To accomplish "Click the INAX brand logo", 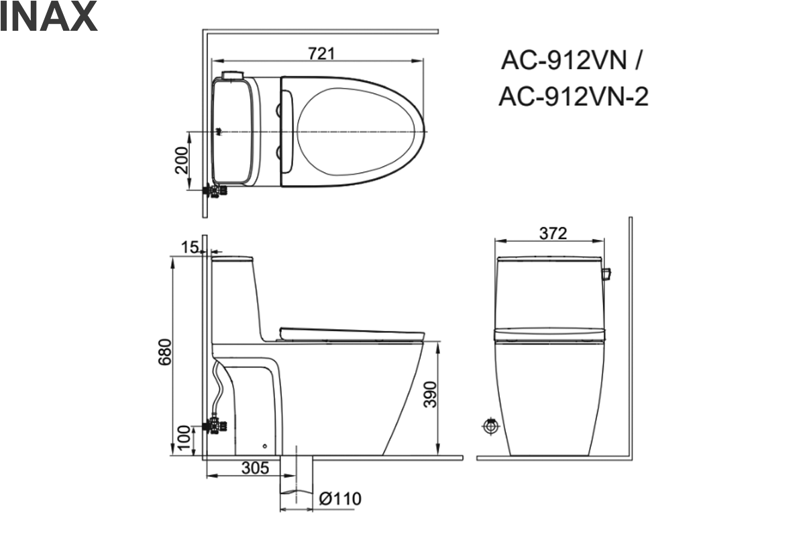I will [48, 18].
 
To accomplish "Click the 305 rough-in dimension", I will [255, 468].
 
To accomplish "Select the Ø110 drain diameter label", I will [340, 499].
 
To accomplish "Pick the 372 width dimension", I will [553, 233].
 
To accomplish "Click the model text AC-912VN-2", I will [573, 98].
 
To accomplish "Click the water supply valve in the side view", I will [216, 425].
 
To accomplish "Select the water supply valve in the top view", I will [217, 192].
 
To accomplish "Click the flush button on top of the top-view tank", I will [232, 74].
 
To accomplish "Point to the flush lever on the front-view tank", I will [607, 274].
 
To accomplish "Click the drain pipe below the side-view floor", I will [297, 480].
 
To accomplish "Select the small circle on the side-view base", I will [265, 446].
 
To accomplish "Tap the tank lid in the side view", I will [232, 257].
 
